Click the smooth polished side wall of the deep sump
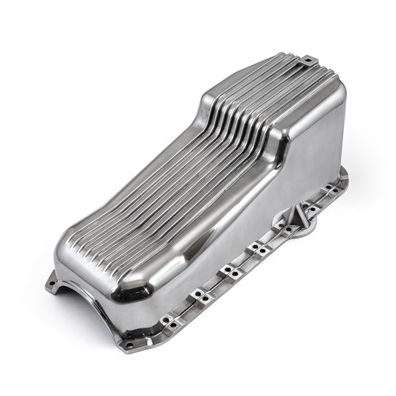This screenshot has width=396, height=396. pos(297,163)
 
